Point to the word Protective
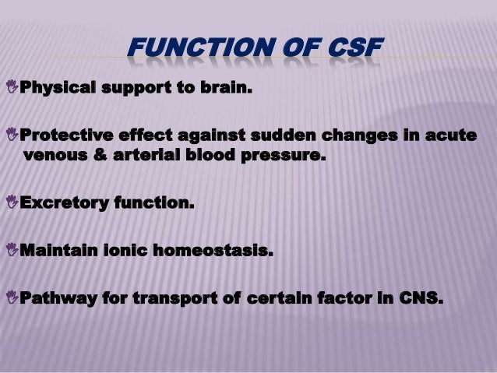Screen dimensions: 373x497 (x=64, y=136)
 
